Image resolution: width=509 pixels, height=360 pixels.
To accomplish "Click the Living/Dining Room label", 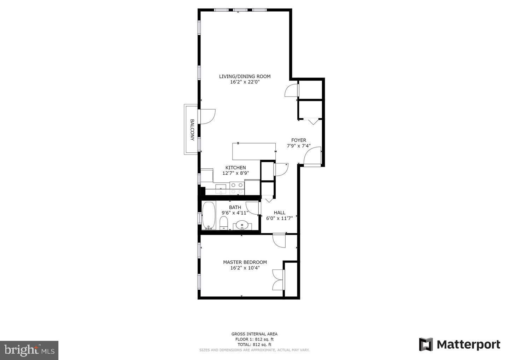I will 245,76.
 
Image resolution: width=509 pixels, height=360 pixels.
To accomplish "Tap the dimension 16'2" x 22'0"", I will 245,82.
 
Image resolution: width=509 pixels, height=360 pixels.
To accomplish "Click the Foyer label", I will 298,140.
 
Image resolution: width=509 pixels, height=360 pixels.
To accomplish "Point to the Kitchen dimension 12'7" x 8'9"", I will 235,173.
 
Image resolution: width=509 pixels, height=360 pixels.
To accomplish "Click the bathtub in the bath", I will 209,215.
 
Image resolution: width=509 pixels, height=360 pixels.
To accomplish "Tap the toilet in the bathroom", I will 223,223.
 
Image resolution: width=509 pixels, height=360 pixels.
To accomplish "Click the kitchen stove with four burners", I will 236,188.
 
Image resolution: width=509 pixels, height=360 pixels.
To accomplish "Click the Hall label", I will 279,213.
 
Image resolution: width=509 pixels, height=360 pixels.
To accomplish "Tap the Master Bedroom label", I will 245,262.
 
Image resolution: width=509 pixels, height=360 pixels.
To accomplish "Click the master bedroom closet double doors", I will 278,280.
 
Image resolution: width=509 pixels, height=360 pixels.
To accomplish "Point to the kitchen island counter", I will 254,151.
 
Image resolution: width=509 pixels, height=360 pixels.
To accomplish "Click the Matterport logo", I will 460,344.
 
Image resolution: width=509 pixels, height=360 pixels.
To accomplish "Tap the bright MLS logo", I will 29,350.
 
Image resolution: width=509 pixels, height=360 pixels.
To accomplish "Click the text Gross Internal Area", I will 254,334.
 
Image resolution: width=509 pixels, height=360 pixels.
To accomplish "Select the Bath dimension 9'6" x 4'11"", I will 235,213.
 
